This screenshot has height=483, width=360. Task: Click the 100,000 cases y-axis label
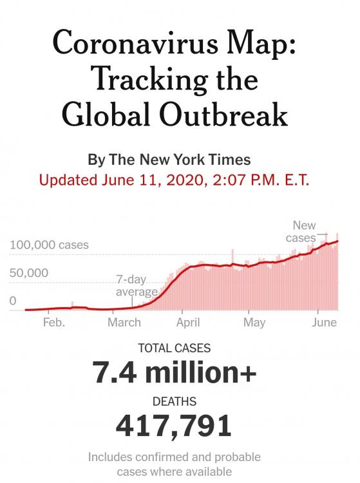(49, 245)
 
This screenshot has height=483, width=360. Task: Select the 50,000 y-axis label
(29, 272)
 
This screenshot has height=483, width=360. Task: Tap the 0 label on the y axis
(13, 300)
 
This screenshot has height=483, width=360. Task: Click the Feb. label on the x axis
(54, 323)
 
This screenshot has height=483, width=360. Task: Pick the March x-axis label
(124, 323)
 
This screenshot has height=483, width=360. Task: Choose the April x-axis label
(187, 323)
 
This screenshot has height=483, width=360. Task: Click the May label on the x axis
(254, 323)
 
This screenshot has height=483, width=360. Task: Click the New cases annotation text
(301, 232)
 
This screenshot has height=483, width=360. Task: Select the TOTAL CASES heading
(174, 348)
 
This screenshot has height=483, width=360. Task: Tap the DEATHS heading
(174, 402)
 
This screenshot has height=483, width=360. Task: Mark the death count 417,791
(174, 426)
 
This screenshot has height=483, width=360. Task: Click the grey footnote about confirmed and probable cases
(174, 464)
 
